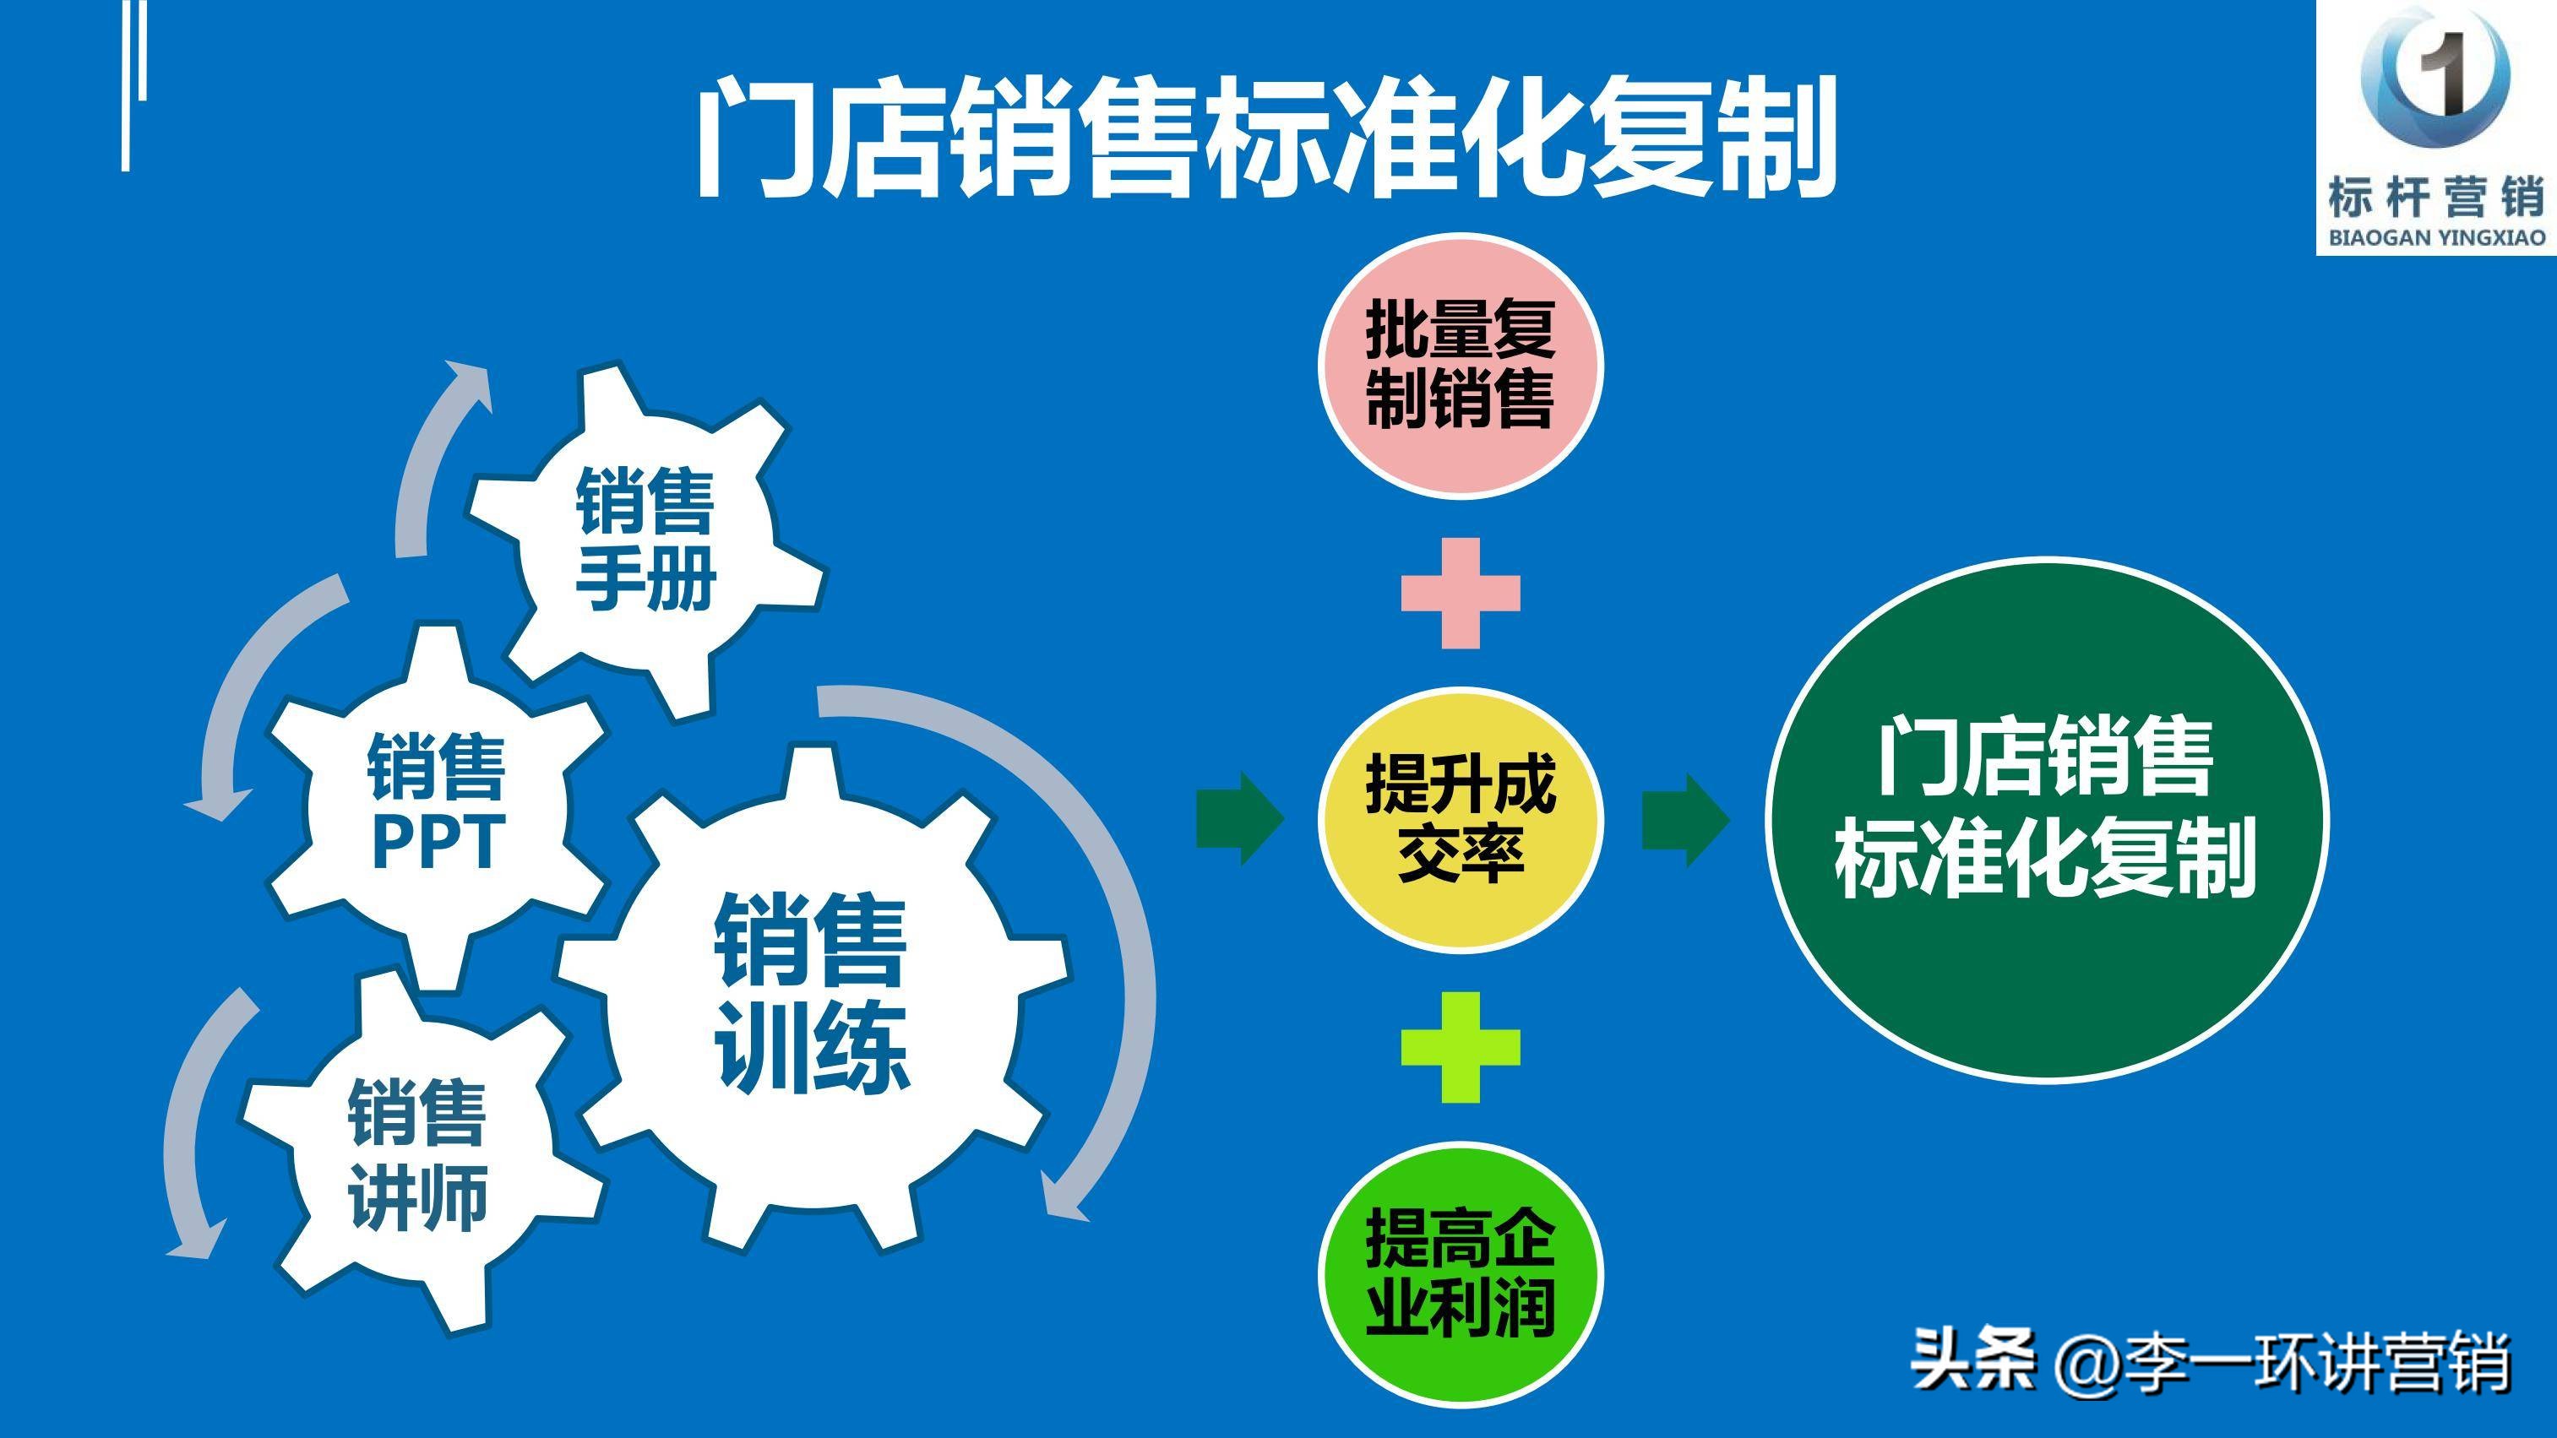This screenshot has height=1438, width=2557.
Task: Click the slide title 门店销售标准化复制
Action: pyautogui.click(x=1265, y=139)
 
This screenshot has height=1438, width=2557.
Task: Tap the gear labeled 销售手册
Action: pyautogui.click(x=645, y=541)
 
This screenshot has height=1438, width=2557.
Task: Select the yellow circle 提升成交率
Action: pyautogui.click(x=1459, y=819)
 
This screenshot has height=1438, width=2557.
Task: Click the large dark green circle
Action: pyautogui.click(x=2047, y=819)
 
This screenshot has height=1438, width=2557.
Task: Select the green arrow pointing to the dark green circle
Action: pyautogui.click(x=1685, y=820)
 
